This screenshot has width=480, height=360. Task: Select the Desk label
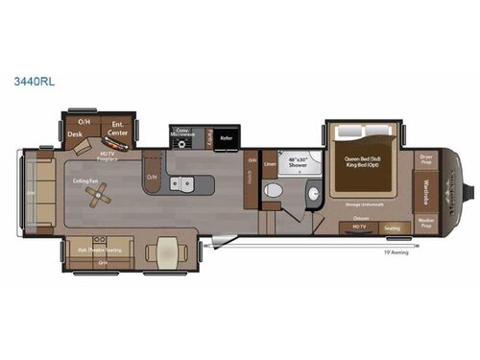point(75,135)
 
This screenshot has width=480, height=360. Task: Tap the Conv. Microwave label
point(182,134)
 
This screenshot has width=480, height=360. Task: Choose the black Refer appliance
point(226,136)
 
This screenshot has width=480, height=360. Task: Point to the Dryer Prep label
point(427,159)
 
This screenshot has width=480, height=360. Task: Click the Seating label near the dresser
point(392,228)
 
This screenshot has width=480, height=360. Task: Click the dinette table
point(165,252)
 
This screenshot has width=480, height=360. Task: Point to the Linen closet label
point(270,163)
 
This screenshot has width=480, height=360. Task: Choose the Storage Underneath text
point(363,204)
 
